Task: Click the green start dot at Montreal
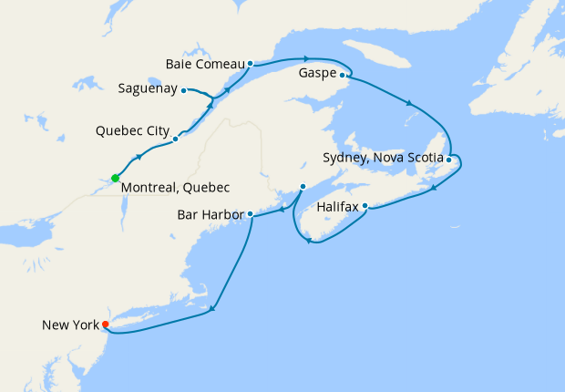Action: click(x=115, y=178)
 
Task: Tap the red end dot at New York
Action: click(x=106, y=325)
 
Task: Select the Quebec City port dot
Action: click(x=175, y=139)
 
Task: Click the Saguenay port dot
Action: click(x=184, y=90)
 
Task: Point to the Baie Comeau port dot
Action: click(x=250, y=64)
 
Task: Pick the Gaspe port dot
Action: click(x=343, y=76)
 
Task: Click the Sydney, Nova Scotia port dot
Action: click(x=449, y=160)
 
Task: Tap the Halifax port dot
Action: click(x=365, y=206)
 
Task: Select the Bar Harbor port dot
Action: click(x=250, y=215)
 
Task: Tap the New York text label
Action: click(x=69, y=325)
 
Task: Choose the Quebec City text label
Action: click(x=131, y=131)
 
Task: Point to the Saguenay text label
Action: click(x=148, y=89)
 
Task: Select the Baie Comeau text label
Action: click(x=205, y=64)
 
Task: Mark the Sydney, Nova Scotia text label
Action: click(x=383, y=158)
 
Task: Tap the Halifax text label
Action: click(x=337, y=207)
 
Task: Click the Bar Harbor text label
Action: click(x=212, y=216)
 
